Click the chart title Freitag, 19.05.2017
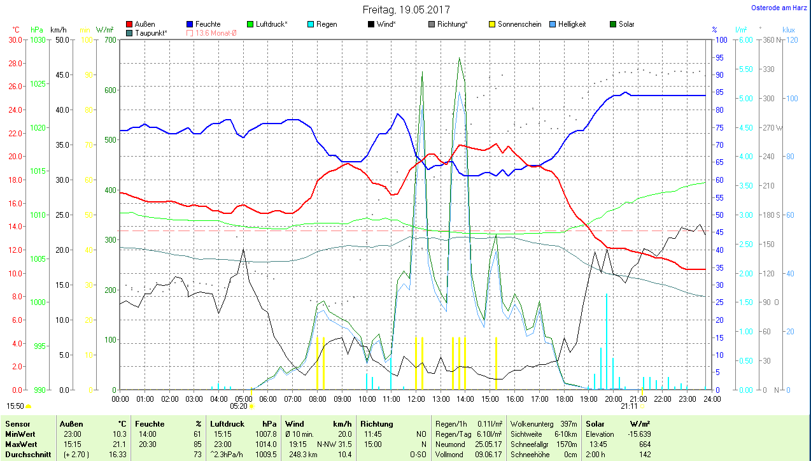(406, 10)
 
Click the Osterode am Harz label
(779, 8)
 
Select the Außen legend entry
(145, 24)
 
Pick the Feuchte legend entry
(208, 24)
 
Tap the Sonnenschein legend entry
(519, 24)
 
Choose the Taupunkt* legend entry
(151, 32)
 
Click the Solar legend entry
(625, 24)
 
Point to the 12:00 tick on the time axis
(416, 399)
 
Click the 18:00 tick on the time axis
(564, 399)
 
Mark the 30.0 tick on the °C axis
(15, 39)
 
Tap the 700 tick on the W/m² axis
(109, 39)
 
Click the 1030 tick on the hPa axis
(38, 39)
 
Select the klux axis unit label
(789, 30)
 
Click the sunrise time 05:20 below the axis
(239, 406)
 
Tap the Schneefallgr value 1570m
(565, 443)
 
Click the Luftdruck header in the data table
(227, 423)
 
